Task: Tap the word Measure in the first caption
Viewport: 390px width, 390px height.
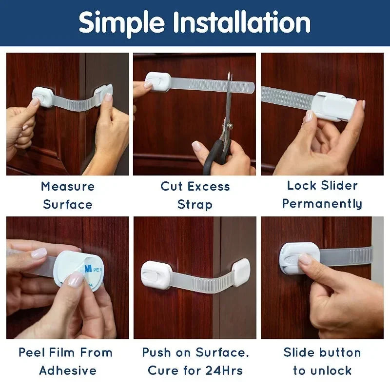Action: click(68, 186)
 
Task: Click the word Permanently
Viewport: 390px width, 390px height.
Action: click(322, 204)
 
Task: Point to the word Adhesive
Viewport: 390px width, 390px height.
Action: click(68, 370)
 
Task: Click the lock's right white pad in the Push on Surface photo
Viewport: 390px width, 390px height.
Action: click(242, 272)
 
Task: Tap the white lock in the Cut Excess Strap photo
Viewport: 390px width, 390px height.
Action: click(157, 81)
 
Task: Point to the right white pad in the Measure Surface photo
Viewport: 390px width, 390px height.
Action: click(104, 94)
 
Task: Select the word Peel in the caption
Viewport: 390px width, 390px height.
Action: click(32, 352)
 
